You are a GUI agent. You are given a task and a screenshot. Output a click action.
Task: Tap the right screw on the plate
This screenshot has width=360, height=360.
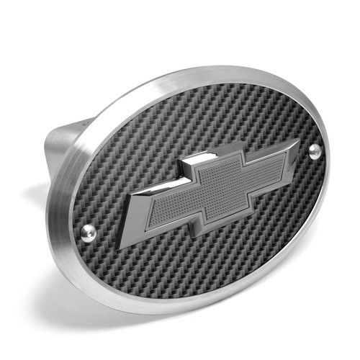(x=315, y=150)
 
